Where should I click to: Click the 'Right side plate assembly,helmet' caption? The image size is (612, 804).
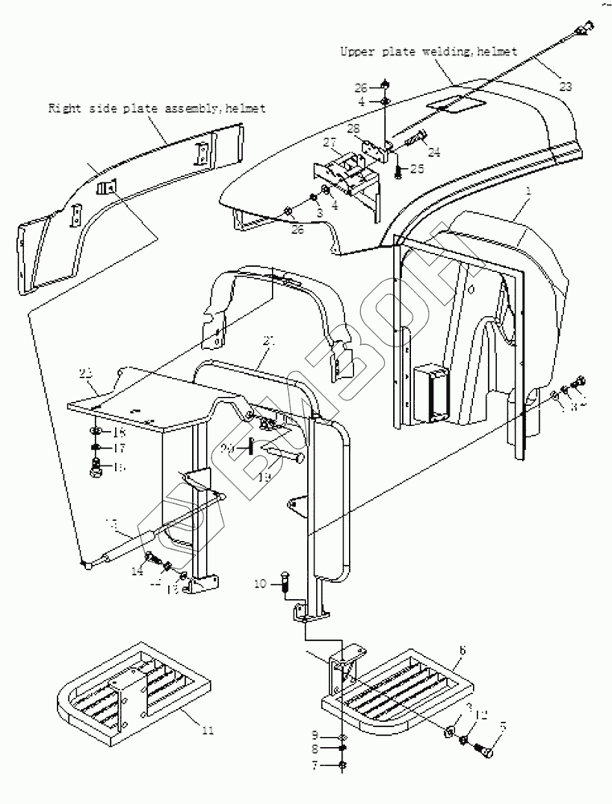click(157, 108)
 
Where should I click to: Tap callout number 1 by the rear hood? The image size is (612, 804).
click(528, 194)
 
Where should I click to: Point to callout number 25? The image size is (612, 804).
click(416, 169)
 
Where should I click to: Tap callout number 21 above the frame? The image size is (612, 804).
click(269, 341)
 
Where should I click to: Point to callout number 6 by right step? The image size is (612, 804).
click(462, 648)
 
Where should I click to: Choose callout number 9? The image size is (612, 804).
click(317, 735)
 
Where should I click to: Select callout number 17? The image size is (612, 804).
click(118, 447)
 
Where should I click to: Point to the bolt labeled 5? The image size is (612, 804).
click(487, 748)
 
